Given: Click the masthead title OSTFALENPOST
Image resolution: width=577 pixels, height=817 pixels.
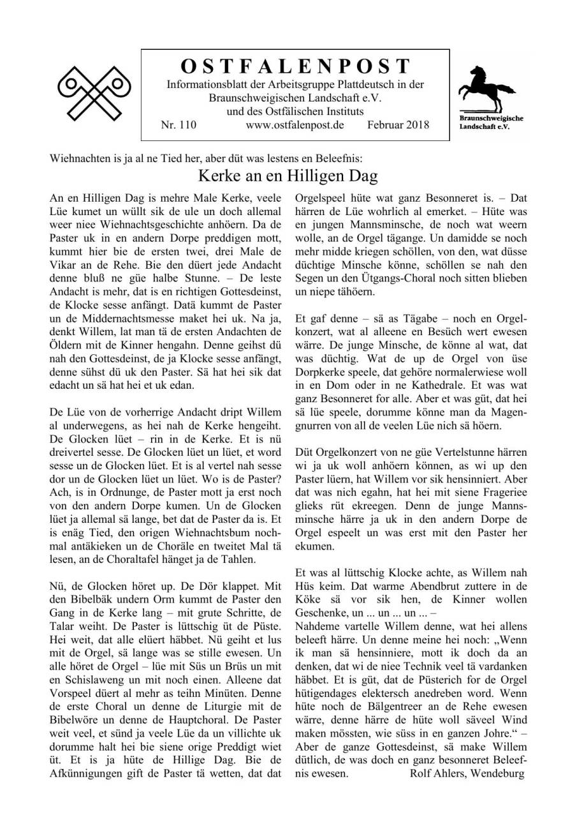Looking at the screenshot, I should point(295,66).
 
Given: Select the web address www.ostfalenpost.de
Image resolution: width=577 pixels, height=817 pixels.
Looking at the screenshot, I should point(295,125).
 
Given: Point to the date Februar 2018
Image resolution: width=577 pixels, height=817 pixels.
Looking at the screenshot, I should point(398,125).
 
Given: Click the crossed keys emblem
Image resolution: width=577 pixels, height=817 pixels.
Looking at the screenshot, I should point(94,93).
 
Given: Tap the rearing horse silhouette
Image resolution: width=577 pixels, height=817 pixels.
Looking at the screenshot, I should point(491,89).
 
